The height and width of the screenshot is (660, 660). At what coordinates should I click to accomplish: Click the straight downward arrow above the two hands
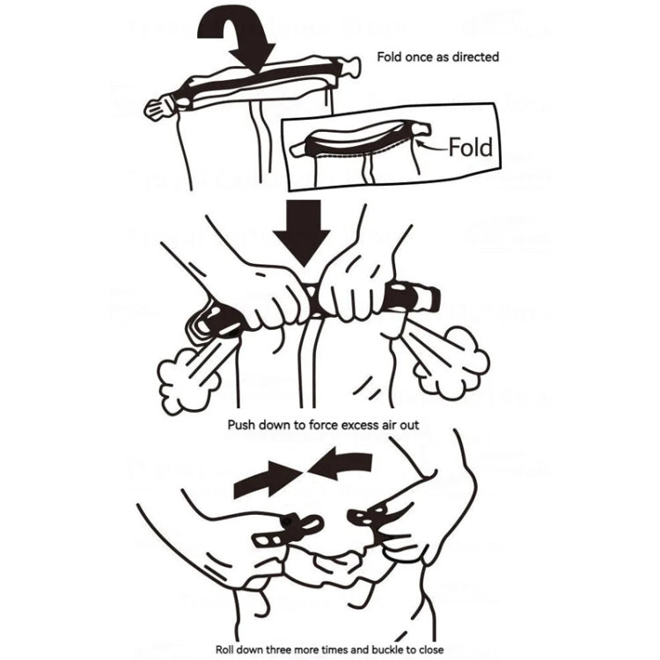[x=302, y=233]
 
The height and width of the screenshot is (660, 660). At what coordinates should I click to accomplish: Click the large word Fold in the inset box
[x=471, y=147]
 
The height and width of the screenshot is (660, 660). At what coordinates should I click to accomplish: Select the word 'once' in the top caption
[x=420, y=57]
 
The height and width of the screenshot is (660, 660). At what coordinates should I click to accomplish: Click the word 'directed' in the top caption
[x=475, y=57]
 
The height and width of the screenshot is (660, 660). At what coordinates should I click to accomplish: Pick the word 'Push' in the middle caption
[x=242, y=425]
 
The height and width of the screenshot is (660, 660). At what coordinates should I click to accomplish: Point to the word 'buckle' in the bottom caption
[x=387, y=649]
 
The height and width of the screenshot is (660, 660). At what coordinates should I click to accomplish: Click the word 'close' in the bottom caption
[x=430, y=649]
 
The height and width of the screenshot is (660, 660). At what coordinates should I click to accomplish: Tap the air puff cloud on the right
[x=457, y=362]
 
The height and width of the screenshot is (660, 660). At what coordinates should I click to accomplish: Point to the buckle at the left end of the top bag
[x=160, y=106]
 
